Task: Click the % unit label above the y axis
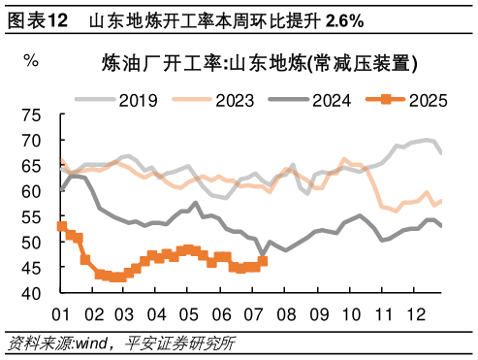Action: [x=31, y=60]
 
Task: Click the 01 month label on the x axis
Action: [x=61, y=315]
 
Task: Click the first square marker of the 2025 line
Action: [x=62, y=226]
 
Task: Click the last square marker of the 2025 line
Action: [x=262, y=261]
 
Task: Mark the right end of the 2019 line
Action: [x=442, y=153]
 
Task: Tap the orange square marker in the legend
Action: [x=385, y=99]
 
